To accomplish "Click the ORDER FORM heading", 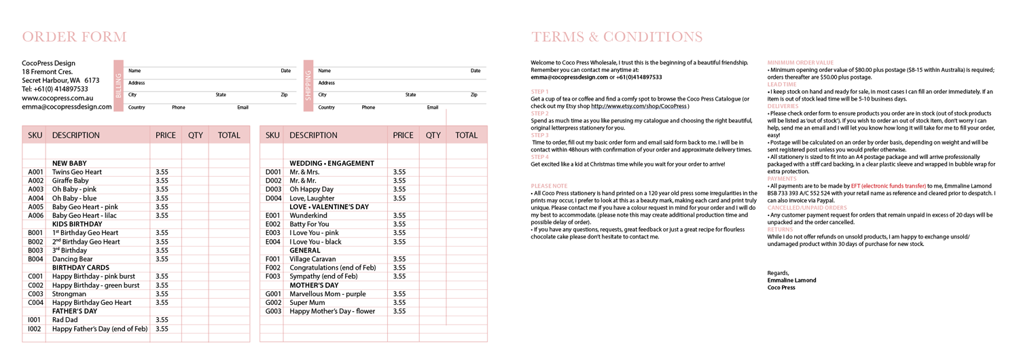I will point(74,37).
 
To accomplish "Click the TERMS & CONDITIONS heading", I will point(617,37).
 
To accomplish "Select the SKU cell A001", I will point(35,173).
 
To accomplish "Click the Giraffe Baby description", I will point(71,181).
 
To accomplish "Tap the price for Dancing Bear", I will point(162,259).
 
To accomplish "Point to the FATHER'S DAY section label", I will point(75,311).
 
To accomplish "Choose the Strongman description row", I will point(69,294).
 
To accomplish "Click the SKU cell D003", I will point(273,190).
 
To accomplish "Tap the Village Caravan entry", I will point(314,259).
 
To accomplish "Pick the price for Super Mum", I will point(399,302).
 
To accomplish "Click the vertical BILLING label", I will point(119,86).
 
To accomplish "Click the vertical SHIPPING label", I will point(308,86).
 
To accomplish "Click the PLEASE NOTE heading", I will point(549,185).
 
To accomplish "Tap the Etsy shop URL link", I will point(639,106).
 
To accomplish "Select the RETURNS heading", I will point(780,230).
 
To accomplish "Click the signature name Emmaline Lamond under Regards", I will point(791,280).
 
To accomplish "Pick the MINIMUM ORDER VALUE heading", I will point(800,62).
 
